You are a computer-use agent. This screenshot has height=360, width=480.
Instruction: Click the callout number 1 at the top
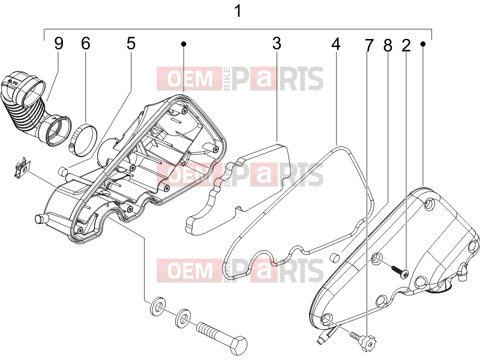pos(238,11)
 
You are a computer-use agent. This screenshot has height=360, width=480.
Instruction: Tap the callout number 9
pos(59,43)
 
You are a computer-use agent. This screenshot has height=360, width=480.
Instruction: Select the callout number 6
pos(86,43)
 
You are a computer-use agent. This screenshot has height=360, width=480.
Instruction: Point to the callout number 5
pos(131,43)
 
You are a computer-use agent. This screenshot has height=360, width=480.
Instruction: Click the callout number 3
pos(277,43)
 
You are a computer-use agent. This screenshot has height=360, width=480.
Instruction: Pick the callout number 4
pos(336,44)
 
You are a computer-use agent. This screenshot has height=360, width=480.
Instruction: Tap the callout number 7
pos(369,46)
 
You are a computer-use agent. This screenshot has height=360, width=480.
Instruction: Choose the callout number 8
pos(388,46)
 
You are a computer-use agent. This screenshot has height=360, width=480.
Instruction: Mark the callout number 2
pos(406,46)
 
